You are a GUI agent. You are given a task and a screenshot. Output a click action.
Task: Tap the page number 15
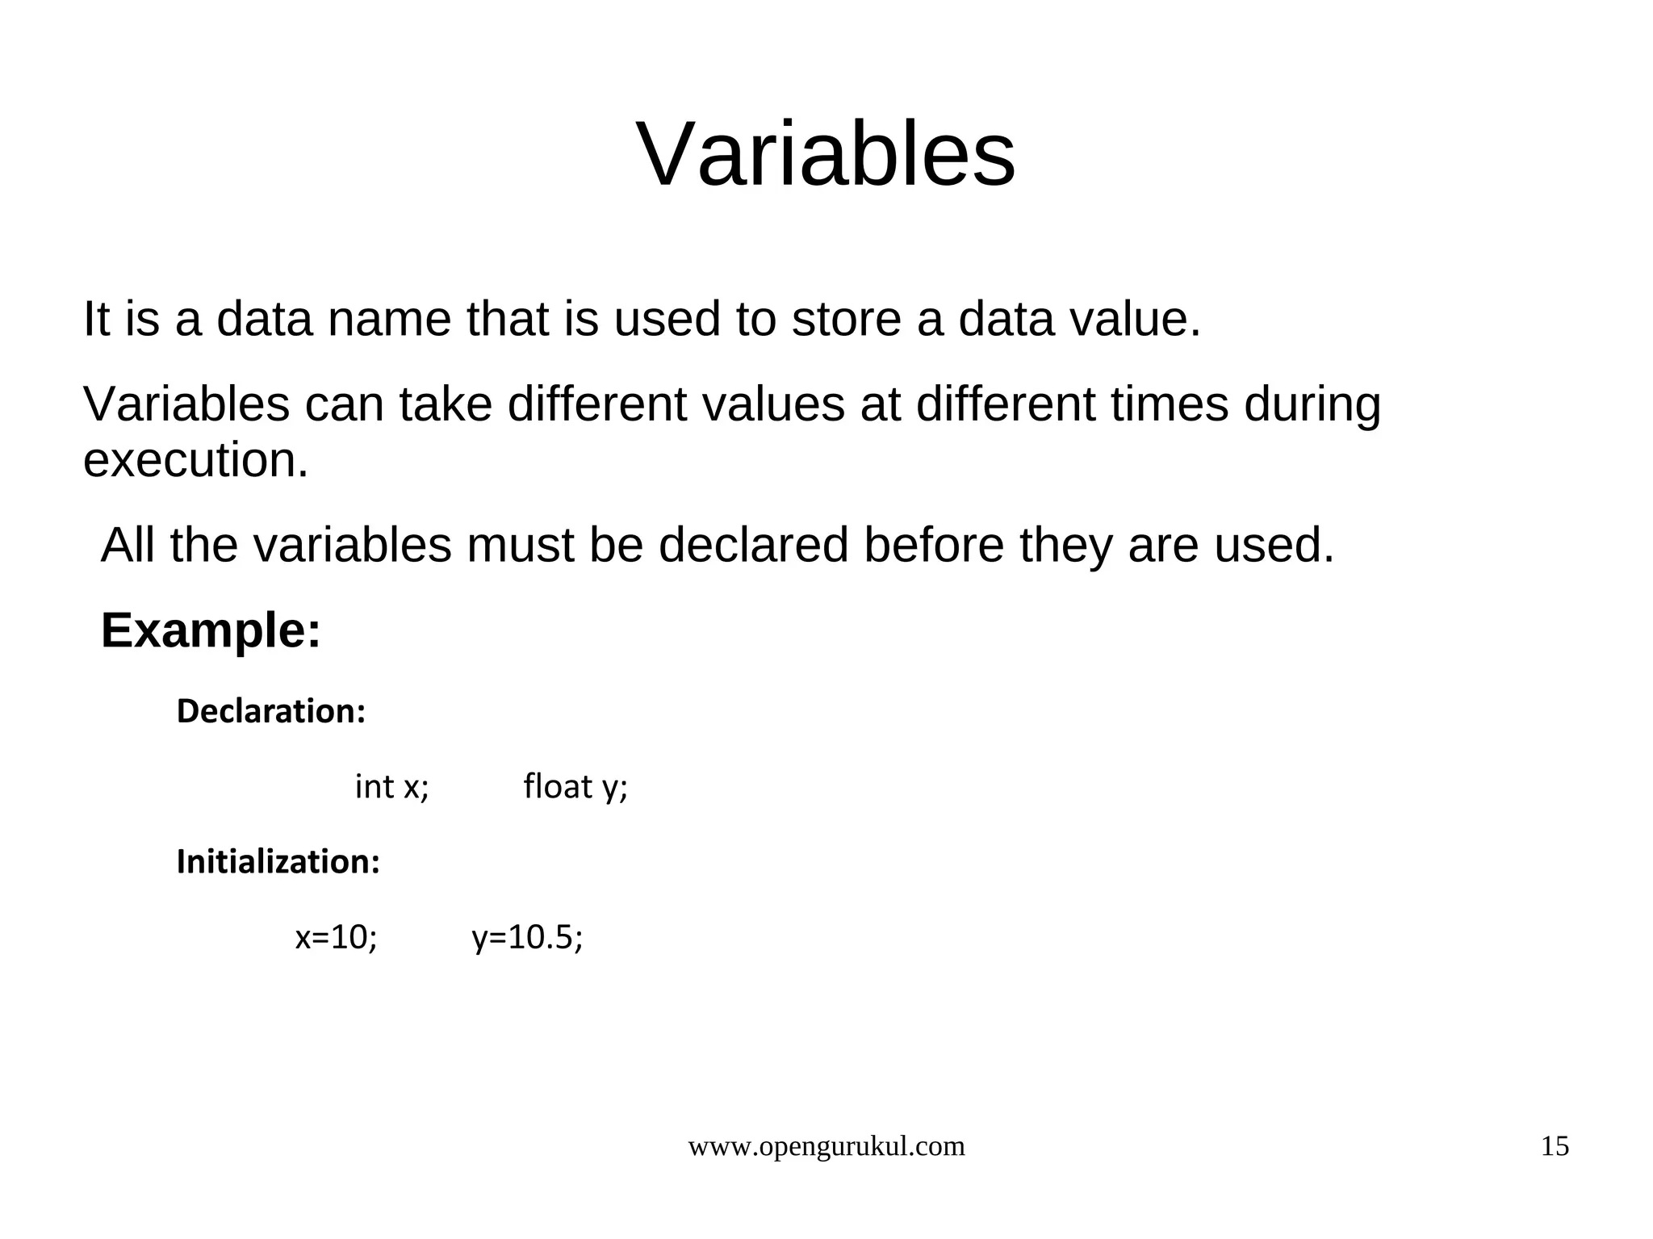(1555, 1146)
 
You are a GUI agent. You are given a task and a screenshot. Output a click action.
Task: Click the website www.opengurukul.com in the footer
(826, 1146)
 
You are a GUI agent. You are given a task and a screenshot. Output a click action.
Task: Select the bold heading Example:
(211, 630)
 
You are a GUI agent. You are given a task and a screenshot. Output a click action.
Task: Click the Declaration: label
(271, 711)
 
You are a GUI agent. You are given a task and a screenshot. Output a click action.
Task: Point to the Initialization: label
(278, 862)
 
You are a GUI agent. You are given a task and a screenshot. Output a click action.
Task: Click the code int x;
(392, 787)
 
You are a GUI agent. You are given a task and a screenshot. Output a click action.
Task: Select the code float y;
(575, 787)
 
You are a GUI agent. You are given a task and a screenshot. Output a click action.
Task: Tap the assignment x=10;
(336, 938)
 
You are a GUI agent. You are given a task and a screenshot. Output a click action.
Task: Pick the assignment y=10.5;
(527, 938)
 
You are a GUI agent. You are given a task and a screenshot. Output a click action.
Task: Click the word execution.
(195, 461)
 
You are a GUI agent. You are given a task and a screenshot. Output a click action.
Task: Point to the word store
(847, 319)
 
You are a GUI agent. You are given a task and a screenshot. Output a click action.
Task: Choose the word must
(518, 546)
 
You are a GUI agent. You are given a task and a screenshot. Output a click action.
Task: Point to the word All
(128, 546)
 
